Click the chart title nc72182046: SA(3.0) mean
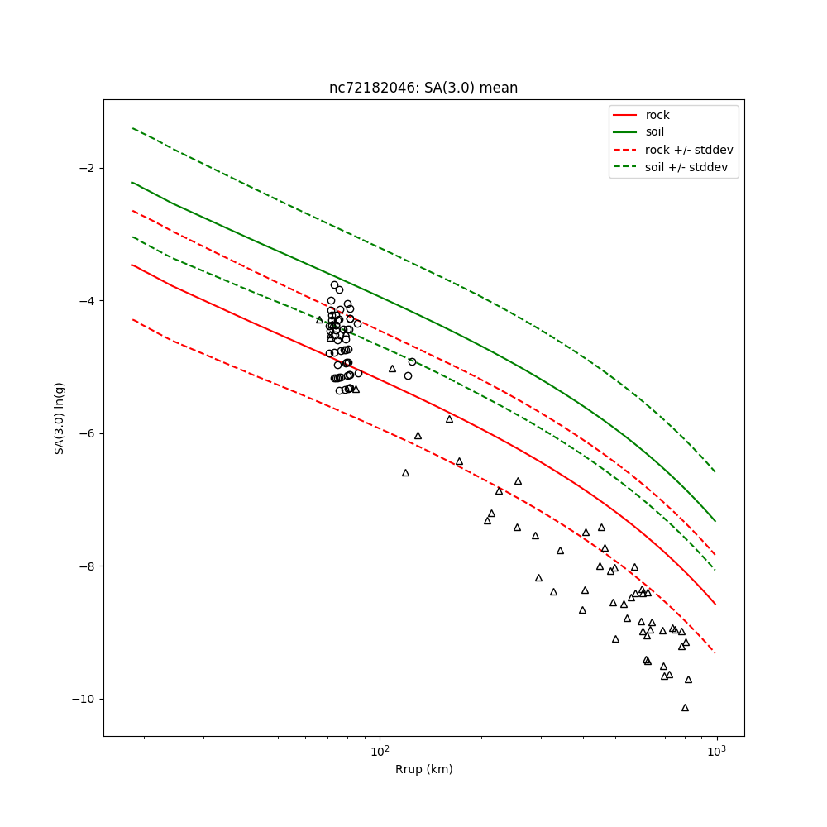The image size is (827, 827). [x=423, y=88]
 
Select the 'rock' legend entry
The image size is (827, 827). [x=657, y=115]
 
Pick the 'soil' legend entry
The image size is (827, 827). [x=654, y=132]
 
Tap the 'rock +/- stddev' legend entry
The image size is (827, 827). [x=689, y=150]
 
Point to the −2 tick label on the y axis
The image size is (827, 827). [x=86, y=168]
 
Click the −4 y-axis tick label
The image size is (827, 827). [x=86, y=301]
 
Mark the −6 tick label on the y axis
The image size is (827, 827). [x=86, y=433]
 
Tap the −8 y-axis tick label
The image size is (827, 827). [x=86, y=566]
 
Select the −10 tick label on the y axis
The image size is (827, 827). [x=83, y=699]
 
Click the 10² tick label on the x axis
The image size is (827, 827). [x=380, y=752]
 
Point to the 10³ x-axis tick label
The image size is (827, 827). [x=716, y=752]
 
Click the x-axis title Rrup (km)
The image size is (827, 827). [x=423, y=769]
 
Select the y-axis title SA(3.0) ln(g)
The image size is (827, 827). [x=60, y=418]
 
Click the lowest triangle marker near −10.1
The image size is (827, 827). [x=685, y=707]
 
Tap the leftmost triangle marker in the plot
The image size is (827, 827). [x=319, y=319]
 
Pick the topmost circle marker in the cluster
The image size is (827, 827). [x=334, y=284]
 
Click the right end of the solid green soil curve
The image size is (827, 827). [x=715, y=521]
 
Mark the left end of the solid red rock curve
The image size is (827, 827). [x=132, y=265]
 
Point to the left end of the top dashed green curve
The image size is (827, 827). [x=132, y=128]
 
